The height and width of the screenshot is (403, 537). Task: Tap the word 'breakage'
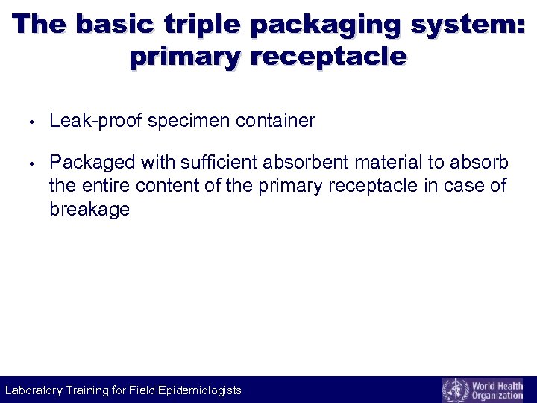coord(89,210)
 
